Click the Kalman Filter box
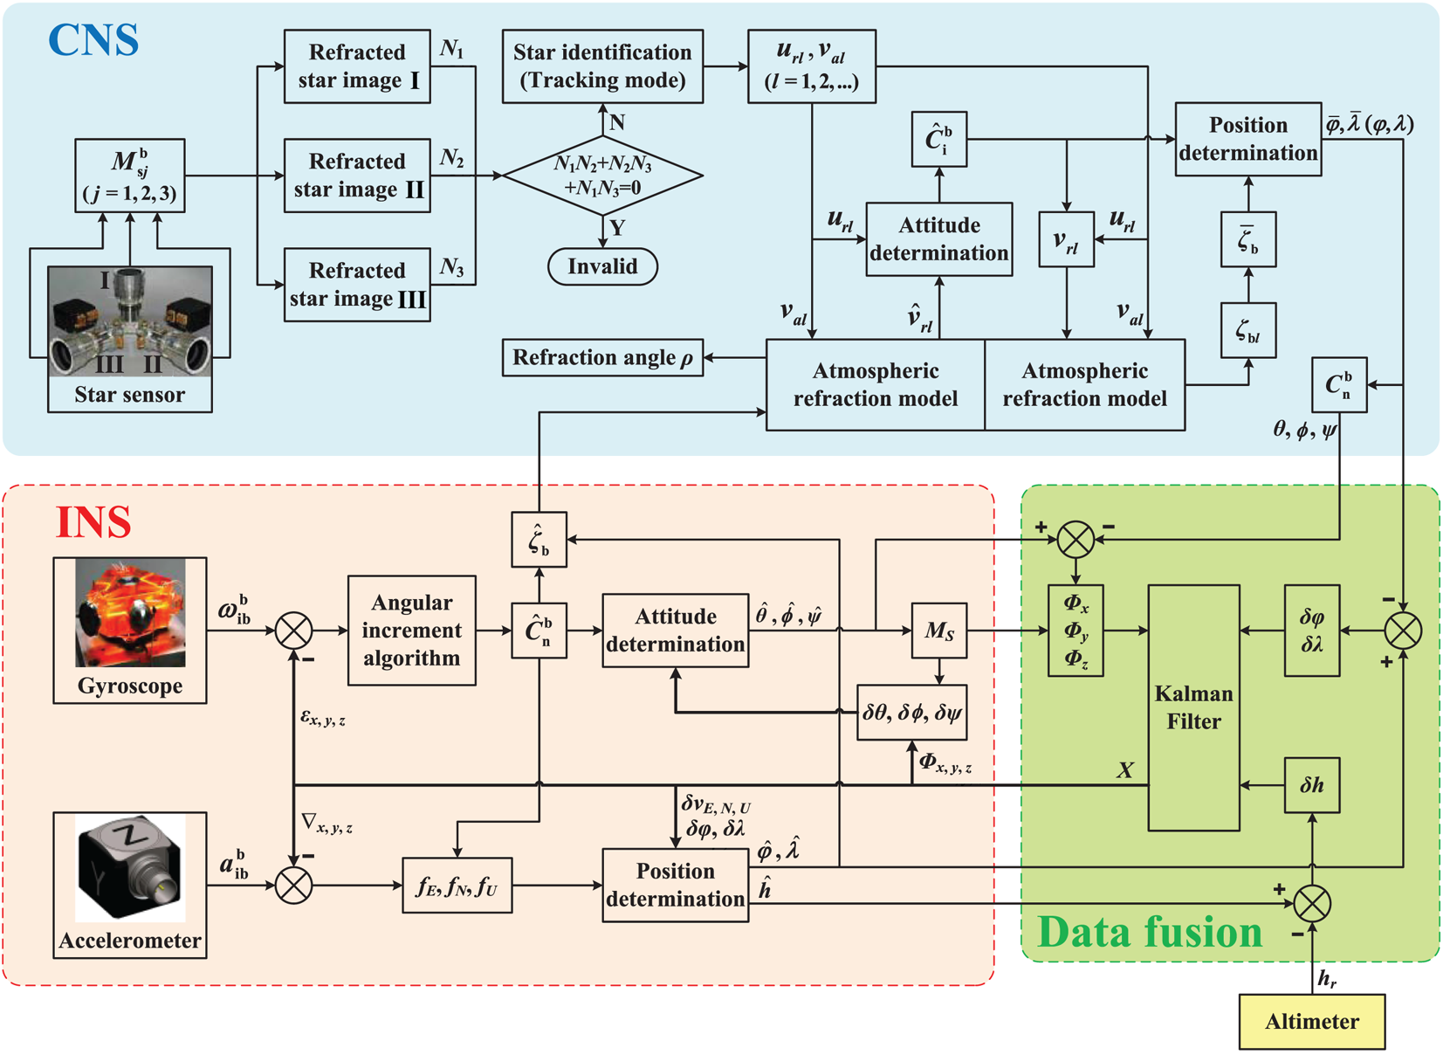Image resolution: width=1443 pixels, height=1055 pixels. [1193, 707]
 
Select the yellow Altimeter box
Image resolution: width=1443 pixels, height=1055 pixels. [1311, 1021]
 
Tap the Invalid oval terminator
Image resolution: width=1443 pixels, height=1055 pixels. [602, 266]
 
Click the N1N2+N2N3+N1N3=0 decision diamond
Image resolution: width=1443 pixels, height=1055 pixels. [602, 176]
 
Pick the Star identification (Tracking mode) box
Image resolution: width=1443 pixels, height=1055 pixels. [602, 66]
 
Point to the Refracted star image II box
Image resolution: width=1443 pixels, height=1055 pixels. [357, 176]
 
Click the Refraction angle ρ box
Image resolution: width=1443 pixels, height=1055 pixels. [602, 358]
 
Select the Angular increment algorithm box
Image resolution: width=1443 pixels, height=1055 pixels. [411, 630]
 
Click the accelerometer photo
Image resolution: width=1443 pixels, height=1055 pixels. [130, 867]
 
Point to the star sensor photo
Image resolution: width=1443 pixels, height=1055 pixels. [130, 321]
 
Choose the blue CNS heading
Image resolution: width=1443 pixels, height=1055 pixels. [93, 40]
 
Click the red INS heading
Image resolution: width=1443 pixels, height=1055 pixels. [93, 522]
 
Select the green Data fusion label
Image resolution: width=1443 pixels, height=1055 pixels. [1150, 932]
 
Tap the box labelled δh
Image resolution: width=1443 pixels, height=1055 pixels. [1311, 785]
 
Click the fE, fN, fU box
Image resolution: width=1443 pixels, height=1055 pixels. [457, 886]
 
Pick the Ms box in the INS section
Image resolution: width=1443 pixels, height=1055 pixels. [938, 630]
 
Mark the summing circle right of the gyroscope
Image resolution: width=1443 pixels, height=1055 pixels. [293, 630]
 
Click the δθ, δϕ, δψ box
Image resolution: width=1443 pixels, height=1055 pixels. [911, 713]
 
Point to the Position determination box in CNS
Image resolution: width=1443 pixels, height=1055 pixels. [1247, 139]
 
